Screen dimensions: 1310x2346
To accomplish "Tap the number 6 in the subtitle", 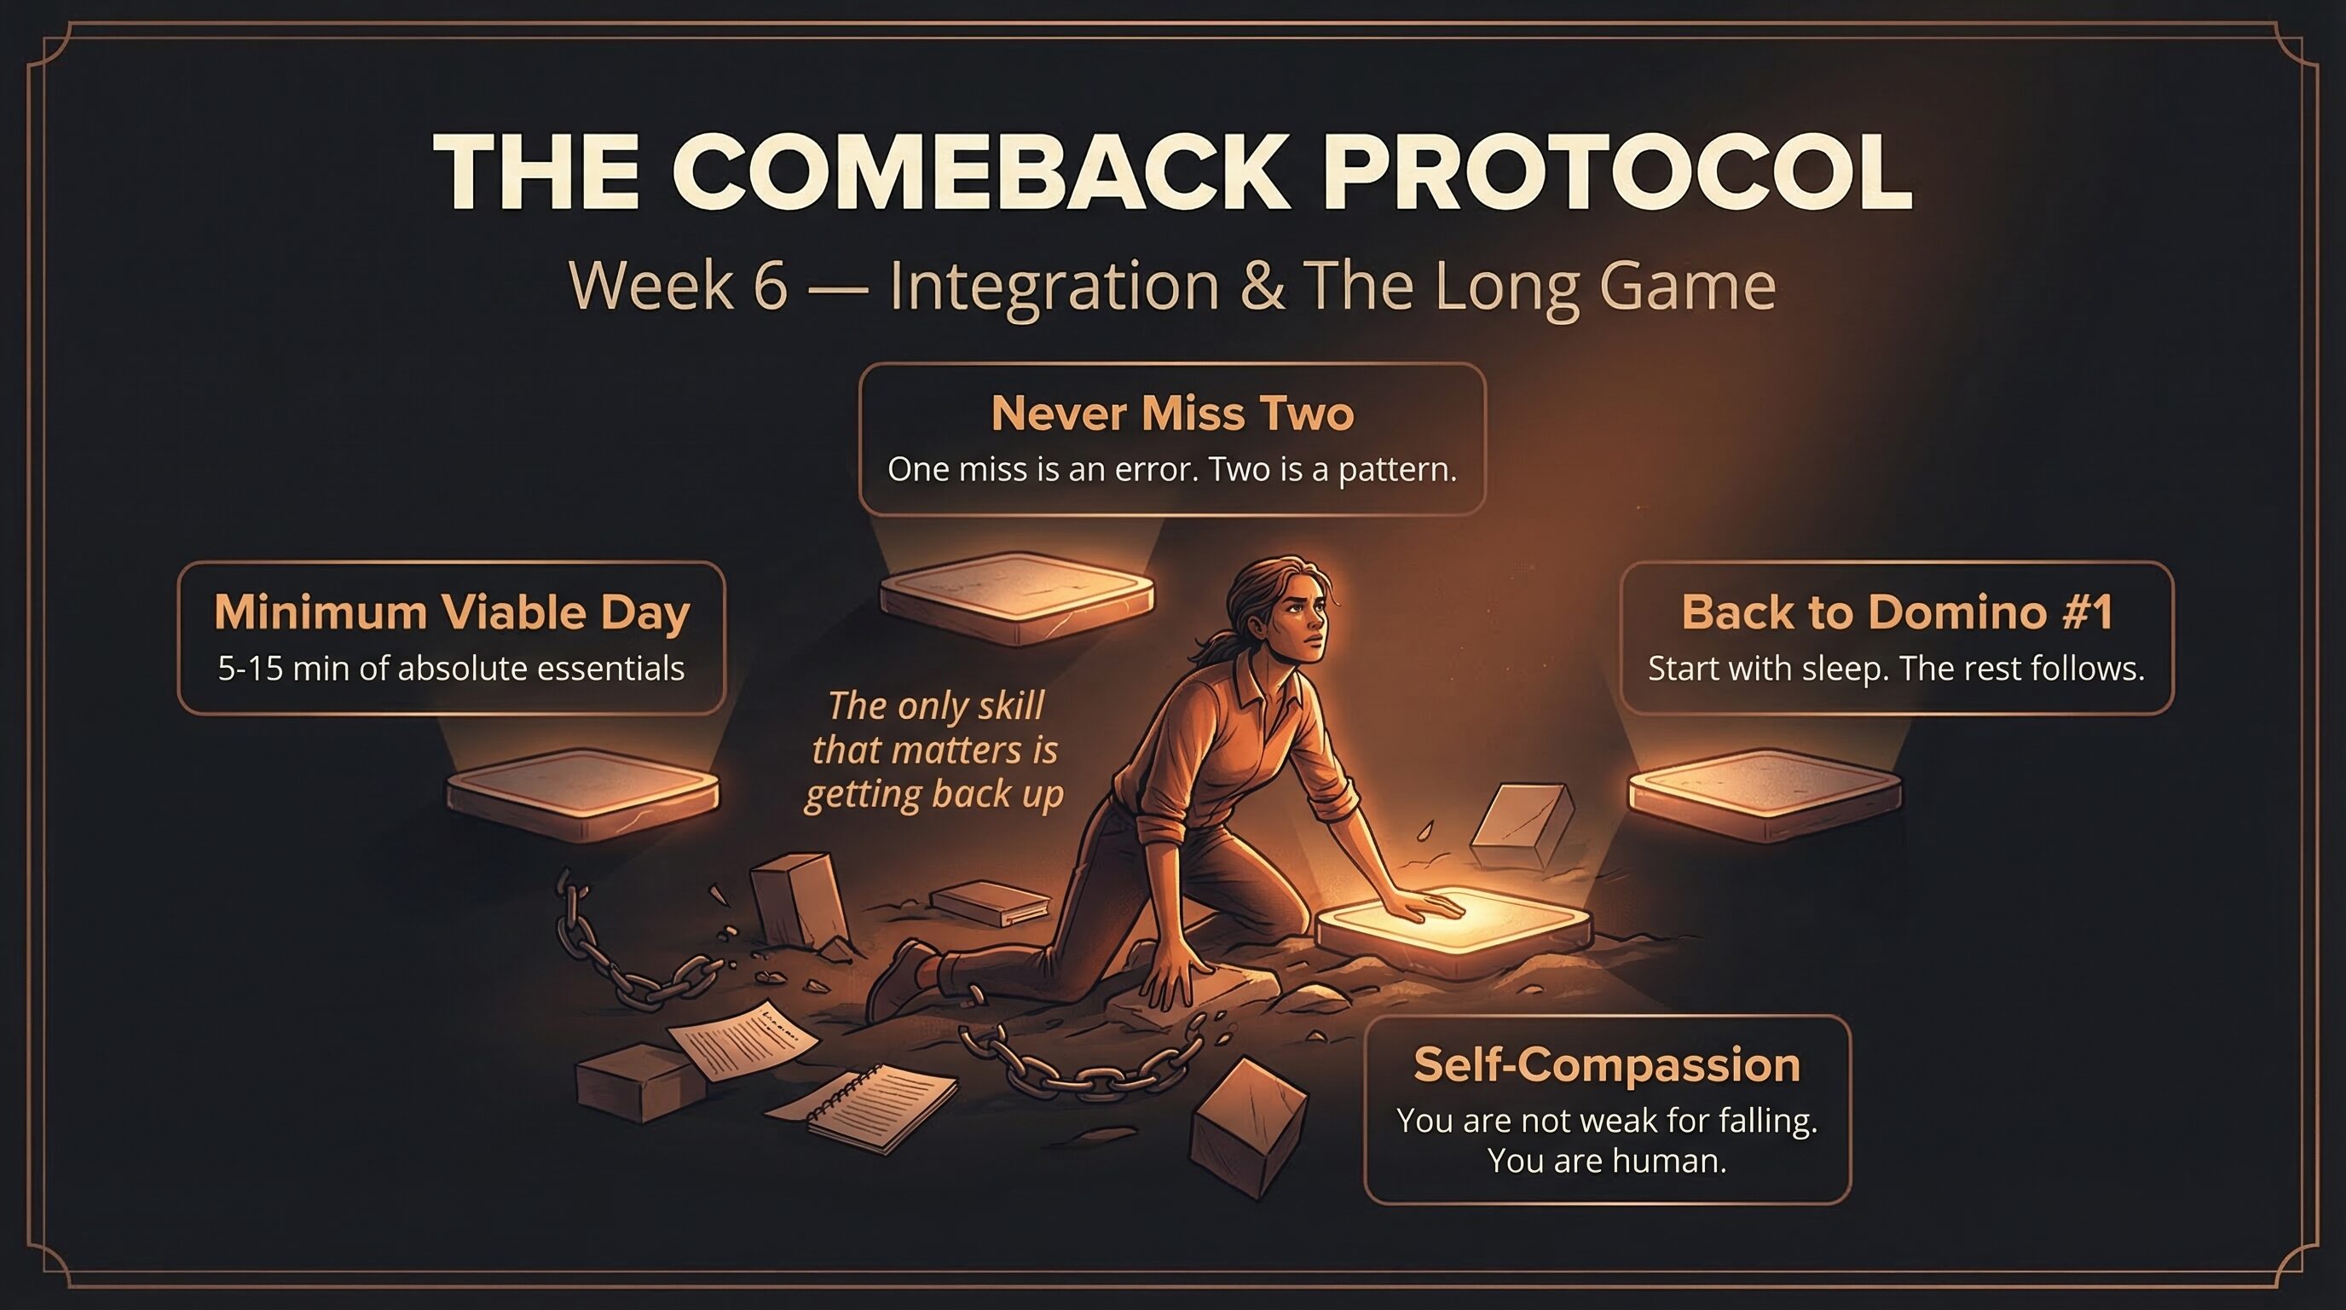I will [x=770, y=285].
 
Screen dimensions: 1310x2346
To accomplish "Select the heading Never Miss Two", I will [x=1172, y=414].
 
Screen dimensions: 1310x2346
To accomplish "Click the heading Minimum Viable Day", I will [x=452, y=612].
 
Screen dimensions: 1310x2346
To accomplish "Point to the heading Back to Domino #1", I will [x=1896, y=612].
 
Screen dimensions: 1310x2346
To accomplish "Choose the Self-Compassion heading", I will [x=1607, y=1065].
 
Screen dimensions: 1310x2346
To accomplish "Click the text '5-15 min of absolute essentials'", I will [x=451, y=669].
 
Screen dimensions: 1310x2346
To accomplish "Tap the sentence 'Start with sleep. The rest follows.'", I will [x=1896, y=669].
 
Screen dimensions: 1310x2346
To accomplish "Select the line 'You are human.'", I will [x=1607, y=1162].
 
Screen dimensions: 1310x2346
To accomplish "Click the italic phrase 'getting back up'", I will [x=933, y=794].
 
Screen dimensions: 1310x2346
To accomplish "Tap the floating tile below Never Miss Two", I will [x=1016, y=597].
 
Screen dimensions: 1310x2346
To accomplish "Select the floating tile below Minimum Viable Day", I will [x=583, y=792].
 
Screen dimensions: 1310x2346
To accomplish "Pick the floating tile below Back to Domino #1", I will [x=1764, y=792].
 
